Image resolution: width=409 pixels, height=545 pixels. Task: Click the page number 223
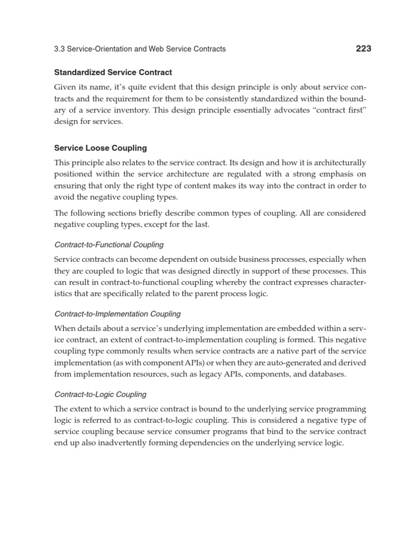tap(363, 48)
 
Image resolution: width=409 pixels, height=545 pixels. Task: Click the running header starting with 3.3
tap(140, 49)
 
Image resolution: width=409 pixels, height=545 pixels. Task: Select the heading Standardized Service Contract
tap(113, 72)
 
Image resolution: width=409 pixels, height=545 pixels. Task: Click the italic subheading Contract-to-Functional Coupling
tap(109, 245)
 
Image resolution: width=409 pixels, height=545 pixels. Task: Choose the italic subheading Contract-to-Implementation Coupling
tap(118, 314)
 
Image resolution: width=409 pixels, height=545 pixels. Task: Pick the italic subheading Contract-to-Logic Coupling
tap(101, 394)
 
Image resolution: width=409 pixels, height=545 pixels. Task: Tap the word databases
tap(328, 374)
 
